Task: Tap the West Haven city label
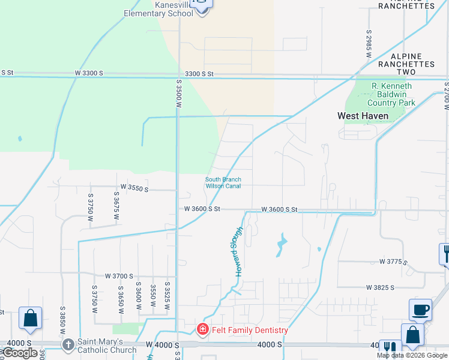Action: pyautogui.click(x=363, y=116)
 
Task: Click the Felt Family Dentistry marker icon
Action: pyautogui.click(x=203, y=329)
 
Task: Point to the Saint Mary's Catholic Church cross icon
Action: pyautogui.click(x=68, y=345)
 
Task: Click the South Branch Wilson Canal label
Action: pyautogui.click(x=223, y=182)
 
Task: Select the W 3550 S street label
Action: pyautogui.click(x=134, y=188)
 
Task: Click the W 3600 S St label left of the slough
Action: pyautogui.click(x=202, y=209)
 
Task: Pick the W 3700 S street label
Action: pyautogui.click(x=119, y=276)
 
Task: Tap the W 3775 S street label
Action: pyautogui.click(x=393, y=262)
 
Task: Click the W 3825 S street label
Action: pyautogui.click(x=380, y=287)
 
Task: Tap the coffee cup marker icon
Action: pyautogui.click(x=420, y=310)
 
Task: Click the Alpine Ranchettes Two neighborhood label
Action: pyautogui.click(x=406, y=64)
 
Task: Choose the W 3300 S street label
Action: pyautogui.click(x=89, y=73)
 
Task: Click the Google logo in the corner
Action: pyautogui.click(x=20, y=353)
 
